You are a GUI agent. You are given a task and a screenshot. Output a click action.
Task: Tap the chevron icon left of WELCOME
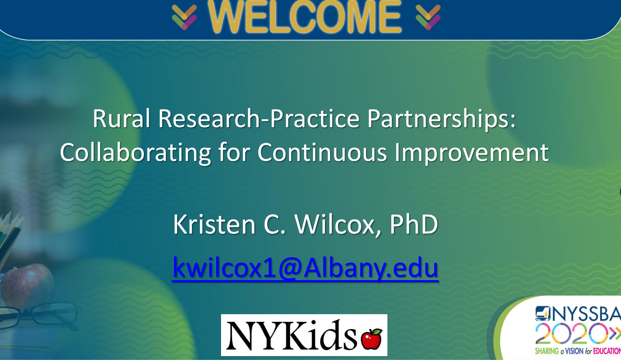184,17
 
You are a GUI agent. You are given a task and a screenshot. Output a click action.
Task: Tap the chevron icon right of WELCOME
428,17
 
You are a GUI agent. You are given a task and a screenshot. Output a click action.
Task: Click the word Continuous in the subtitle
322,152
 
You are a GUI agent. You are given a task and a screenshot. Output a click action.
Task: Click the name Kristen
214,224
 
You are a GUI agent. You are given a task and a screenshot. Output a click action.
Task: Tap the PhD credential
414,224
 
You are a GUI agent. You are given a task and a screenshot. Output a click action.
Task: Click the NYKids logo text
291,335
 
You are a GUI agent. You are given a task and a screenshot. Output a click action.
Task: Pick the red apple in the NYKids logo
372,339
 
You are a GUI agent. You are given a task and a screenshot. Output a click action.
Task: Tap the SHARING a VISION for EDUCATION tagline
578,351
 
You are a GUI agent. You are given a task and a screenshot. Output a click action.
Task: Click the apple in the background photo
27,284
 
